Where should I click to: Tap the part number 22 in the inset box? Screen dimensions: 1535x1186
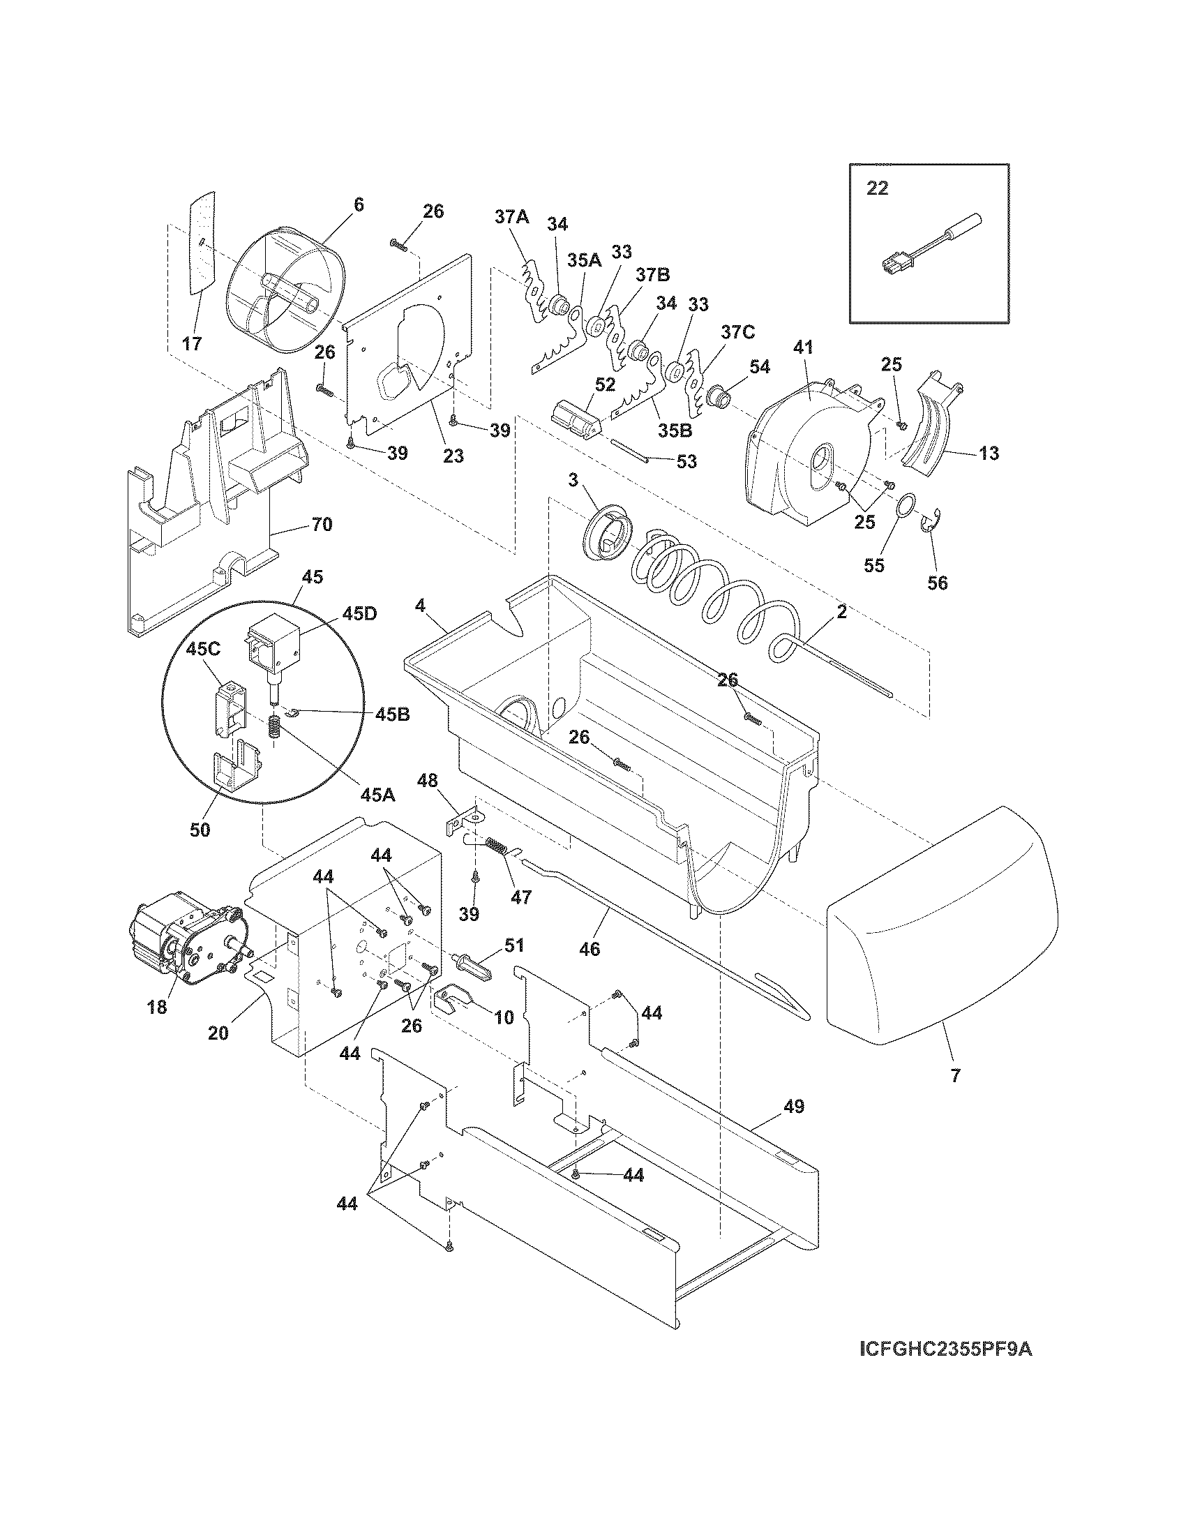pyautogui.click(x=877, y=188)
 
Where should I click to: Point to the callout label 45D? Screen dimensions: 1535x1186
pyautogui.click(x=359, y=613)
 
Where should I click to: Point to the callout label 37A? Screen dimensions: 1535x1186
pyautogui.click(x=511, y=217)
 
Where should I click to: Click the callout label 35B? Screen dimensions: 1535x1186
pyautogui.click(x=675, y=430)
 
